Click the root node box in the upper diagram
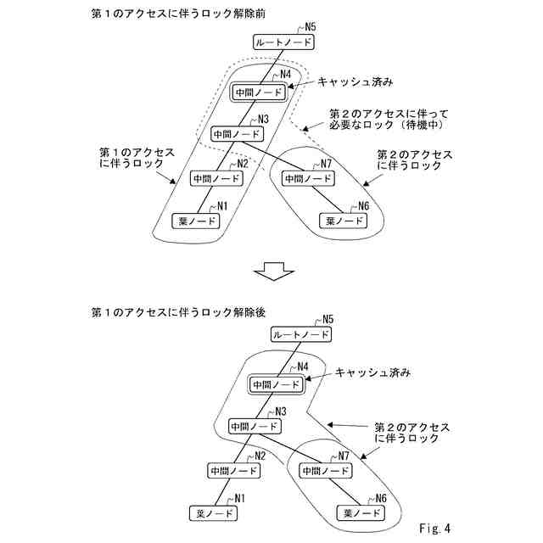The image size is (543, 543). tap(283, 42)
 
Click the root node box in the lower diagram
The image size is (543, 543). tap(300, 335)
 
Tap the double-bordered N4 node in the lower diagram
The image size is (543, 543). tap(276, 384)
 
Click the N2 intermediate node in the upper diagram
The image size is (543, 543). tap(216, 178)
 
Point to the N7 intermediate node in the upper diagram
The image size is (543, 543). tap(306, 178)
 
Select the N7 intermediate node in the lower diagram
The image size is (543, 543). tap(323, 469)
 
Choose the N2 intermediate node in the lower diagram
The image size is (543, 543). tap(234, 469)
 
